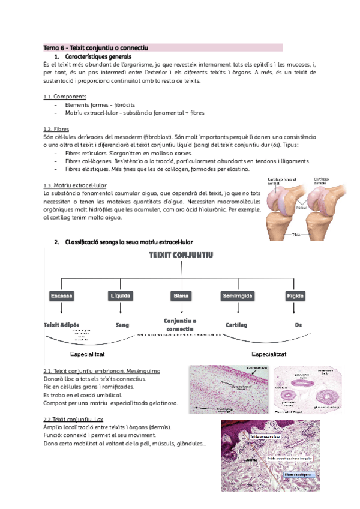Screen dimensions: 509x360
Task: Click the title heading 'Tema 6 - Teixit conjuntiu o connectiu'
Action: (95, 47)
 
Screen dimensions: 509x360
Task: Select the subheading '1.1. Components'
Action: (65, 97)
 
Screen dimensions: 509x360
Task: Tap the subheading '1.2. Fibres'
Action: (56, 129)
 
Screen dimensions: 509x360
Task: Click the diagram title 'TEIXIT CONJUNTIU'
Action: (181, 255)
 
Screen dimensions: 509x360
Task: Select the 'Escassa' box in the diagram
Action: (62, 296)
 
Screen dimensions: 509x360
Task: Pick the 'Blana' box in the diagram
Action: (181, 296)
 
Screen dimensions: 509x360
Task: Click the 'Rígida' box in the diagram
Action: (295, 296)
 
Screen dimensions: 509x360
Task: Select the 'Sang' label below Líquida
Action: (122, 324)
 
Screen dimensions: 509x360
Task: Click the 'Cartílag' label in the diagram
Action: (236, 324)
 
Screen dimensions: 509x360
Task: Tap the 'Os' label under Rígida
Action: (298, 324)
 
